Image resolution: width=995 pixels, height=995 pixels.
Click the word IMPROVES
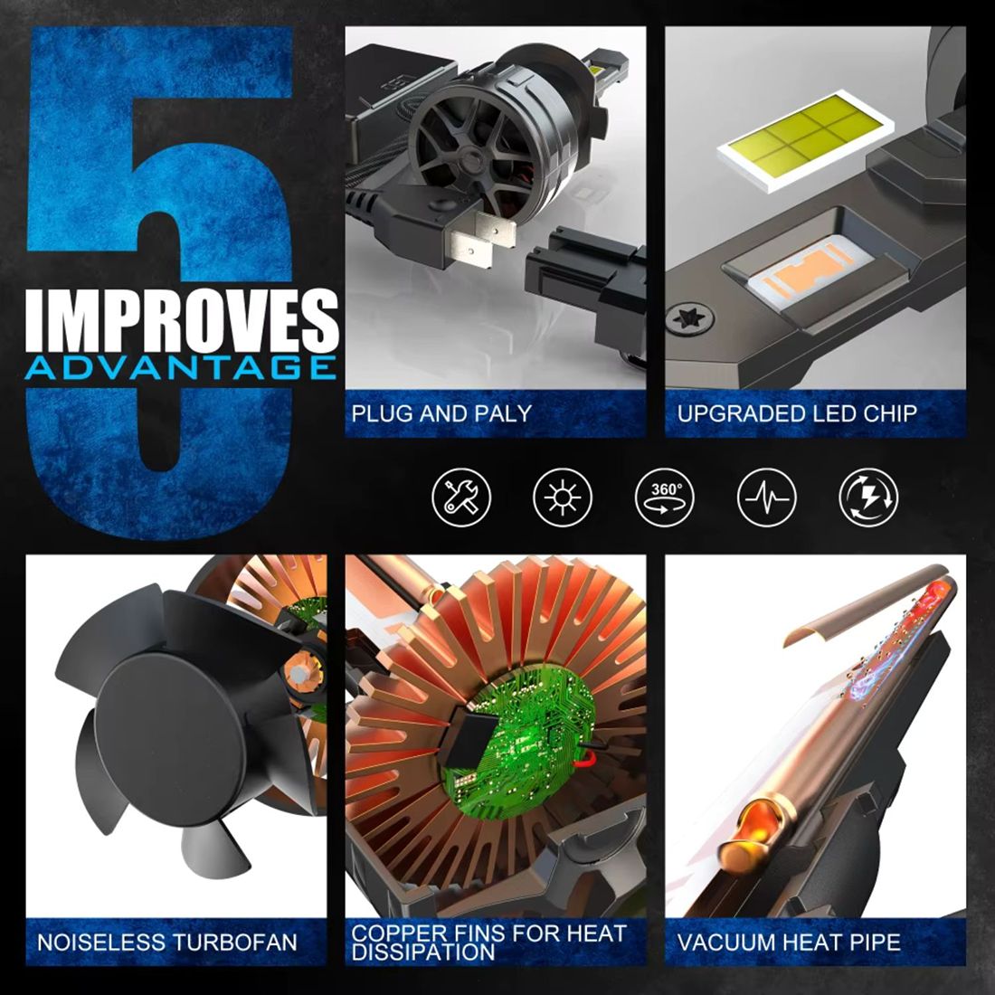182,321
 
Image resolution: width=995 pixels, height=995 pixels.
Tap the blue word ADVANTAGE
181,368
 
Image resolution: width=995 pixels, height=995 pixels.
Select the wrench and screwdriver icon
461,497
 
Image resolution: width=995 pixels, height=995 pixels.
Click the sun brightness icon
563,497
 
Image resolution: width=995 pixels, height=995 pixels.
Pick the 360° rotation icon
665,497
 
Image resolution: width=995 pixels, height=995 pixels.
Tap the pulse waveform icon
766,497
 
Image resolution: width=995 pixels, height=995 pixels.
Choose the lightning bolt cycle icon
868,497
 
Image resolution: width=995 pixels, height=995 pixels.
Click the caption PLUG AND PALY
441,413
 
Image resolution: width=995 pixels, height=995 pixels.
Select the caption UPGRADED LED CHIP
797,413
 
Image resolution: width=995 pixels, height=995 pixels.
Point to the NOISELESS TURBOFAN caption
167,943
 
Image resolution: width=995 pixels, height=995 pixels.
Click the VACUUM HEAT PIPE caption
789,943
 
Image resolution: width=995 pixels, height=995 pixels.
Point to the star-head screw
690,317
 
